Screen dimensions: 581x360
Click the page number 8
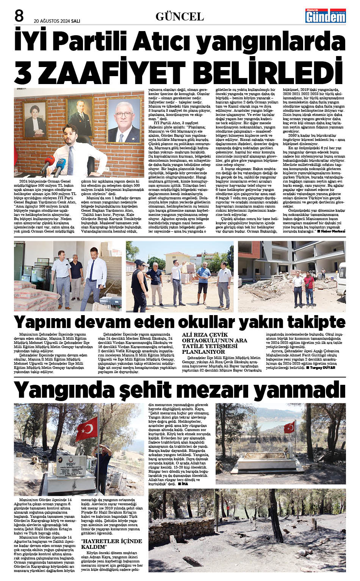(x=19, y=16)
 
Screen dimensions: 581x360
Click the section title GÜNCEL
(x=180, y=16)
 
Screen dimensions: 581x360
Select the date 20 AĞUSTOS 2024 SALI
(x=57, y=21)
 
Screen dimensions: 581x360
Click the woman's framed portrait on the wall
(x=35, y=119)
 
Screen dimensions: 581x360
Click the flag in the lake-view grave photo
(x=289, y=427)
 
